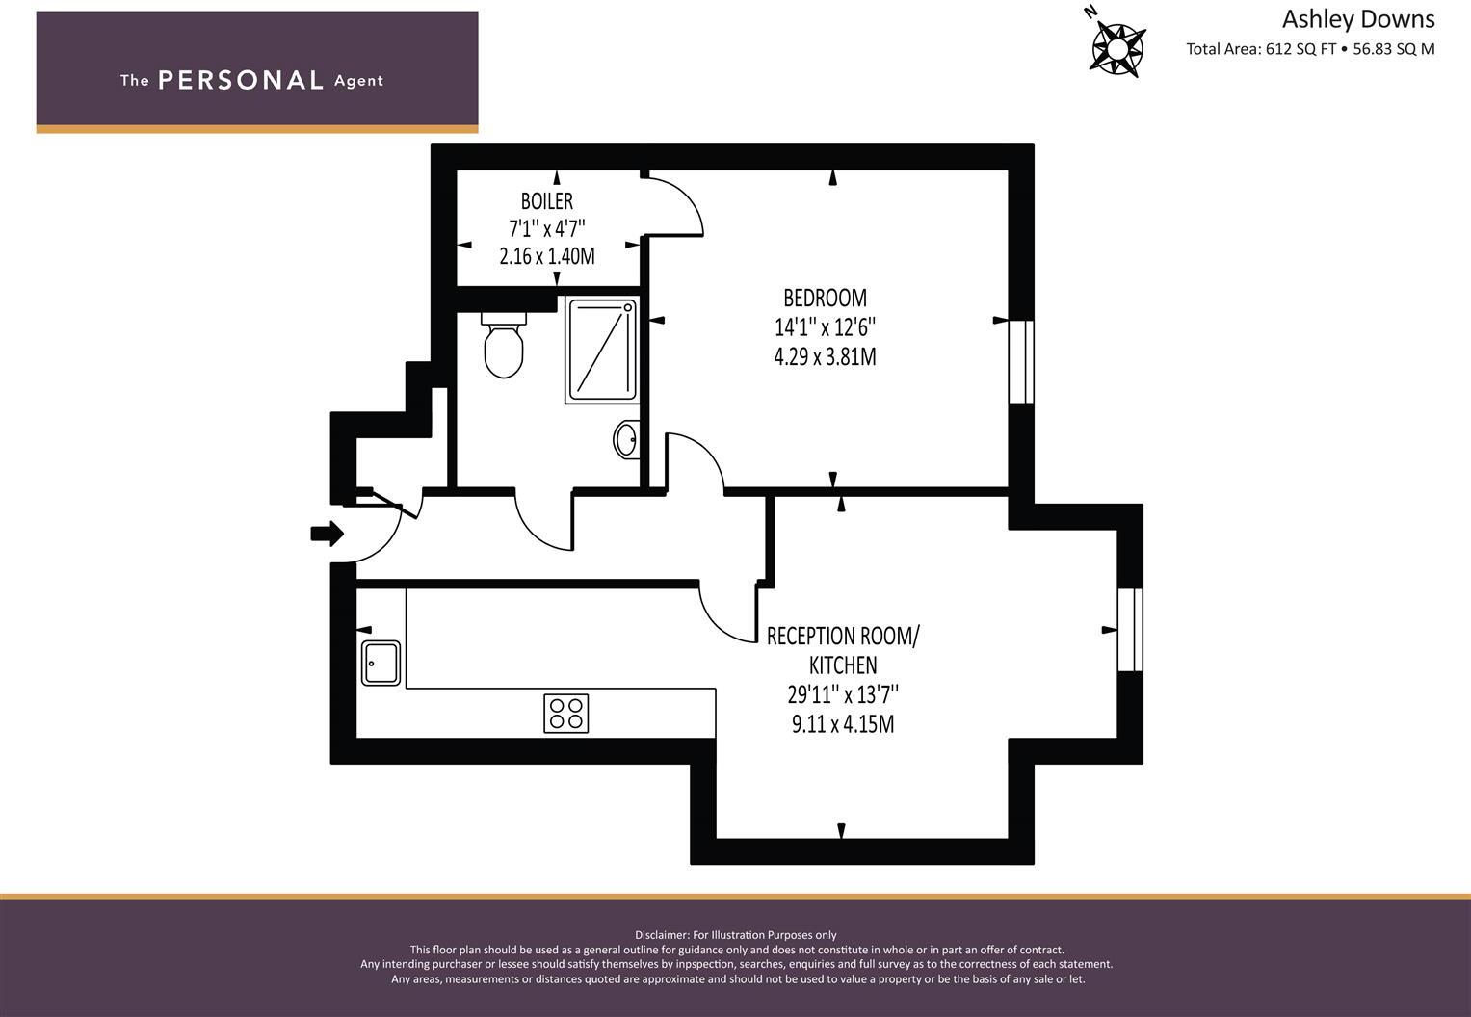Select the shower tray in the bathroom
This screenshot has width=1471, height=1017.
click(601, 351)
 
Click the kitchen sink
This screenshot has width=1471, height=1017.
click(381, 663)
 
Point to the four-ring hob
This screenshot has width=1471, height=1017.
click(565, 714)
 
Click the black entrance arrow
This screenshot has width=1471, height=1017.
click(328, 533)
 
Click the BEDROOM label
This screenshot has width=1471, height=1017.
click(825, 298)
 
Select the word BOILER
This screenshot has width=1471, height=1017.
click(546, 201)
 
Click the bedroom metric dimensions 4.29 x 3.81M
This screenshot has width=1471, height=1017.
click(825, 357)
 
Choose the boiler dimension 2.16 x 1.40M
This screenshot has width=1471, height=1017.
click(546, 256)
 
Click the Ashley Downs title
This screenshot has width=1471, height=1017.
click(1357, 19)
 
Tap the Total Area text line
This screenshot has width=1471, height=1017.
click(1310, 49)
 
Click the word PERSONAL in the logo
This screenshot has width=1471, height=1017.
click(241, 80)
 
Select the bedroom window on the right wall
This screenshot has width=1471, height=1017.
click(1021, 361)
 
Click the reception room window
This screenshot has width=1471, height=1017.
click(1130, 629)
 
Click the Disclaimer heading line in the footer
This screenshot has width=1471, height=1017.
click(736, 935)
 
